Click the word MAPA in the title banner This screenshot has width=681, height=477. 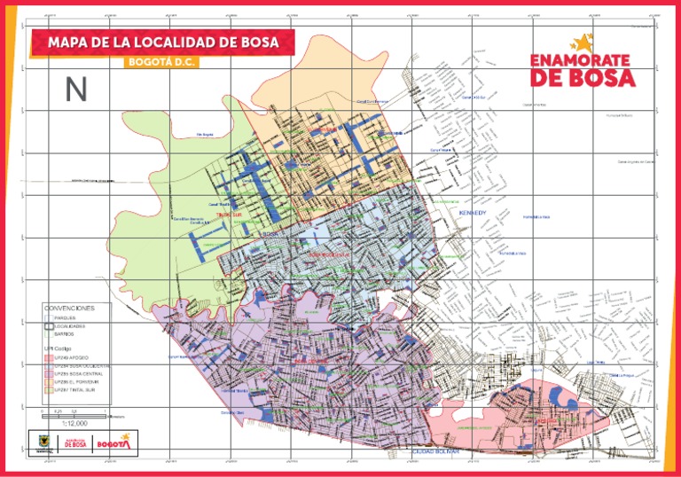tap(72, 42)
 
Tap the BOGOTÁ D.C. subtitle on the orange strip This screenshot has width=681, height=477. tap(160, 62)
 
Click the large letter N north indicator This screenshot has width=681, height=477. tap(75, 90)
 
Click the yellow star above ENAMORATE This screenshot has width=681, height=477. tap(582, 42)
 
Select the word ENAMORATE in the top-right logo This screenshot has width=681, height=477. tap(580, 60)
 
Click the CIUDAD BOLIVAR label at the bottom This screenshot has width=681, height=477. tap(434, 452)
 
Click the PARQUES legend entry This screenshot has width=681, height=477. tap(64, 317)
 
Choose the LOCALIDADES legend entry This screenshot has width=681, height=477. tap(69, 326)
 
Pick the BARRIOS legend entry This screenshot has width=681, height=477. tap(64, 334)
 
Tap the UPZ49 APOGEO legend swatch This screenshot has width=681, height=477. tap(49, 357)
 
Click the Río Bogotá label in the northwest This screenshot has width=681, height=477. tap(205, 135)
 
